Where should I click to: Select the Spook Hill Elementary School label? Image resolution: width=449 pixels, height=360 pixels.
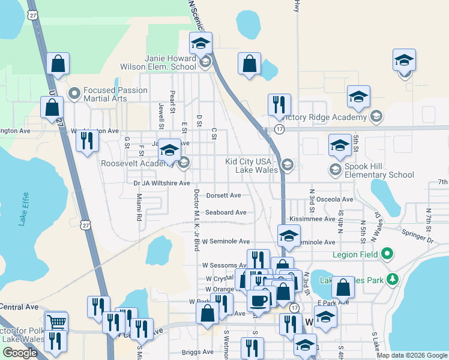pyautogui.click(x=379, y=175)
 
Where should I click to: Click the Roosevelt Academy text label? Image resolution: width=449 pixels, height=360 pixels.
pyautogui.click(x=137, y=163)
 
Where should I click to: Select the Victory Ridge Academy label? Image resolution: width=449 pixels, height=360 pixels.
pyautogui.click(x=325, y=116)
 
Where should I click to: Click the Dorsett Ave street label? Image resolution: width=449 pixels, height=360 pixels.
pyautogui.click(x=223, y=196)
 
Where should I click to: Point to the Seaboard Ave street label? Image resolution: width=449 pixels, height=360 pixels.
pyautogui.click(x=226, y=212)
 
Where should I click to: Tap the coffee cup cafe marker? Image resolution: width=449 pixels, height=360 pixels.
pyautogui.click(x=258, y=300)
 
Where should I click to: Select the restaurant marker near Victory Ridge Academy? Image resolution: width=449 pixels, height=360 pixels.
pyautogui.click(x=279, y=104)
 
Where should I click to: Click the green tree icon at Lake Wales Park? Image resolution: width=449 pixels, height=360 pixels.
pyautogui.click(x=393, y=279)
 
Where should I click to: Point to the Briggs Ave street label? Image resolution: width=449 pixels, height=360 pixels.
pyautogui.click(x=199, y=352)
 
